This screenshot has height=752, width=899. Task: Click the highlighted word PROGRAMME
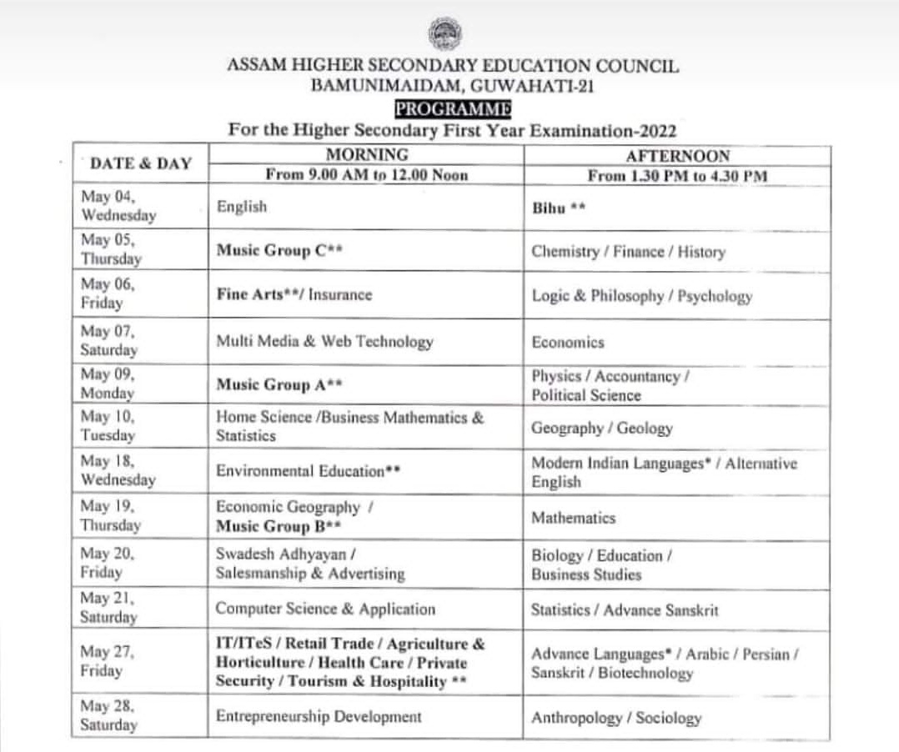(453, 108)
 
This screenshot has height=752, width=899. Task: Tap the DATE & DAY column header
(140, 163)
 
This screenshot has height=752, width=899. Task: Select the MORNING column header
(367, 155)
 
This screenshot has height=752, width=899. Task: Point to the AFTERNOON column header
(677, 156)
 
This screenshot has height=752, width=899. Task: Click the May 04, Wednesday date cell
(118, 205)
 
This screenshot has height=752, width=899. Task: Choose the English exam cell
(242, 207)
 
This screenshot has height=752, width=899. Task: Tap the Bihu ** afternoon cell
(559, 208)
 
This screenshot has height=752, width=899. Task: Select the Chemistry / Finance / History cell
(628, 252)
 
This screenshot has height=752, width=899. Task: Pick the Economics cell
(568, 342)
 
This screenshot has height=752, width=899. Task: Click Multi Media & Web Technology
(324, 341)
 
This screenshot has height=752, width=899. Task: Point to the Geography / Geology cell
(601, 429)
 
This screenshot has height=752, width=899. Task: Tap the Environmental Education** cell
(309, 471)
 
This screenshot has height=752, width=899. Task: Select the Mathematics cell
(573, 518)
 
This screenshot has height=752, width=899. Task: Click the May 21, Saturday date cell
(109, 608)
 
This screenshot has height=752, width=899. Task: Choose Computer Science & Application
(325, 609)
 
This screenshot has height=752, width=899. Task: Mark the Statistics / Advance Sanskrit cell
(625, 610)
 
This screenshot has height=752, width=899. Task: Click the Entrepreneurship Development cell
(319, 716)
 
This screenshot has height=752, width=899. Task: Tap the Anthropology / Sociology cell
(616, 718)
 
